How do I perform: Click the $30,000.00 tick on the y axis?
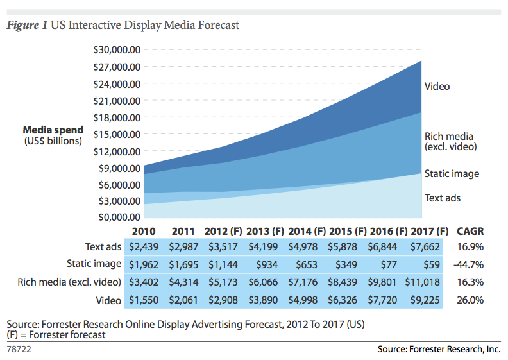[x=117, y=49]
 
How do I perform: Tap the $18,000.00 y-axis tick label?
[x=117, y=117]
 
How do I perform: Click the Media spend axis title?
[x=53, y=130]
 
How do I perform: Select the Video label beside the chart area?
[x=437, y=86]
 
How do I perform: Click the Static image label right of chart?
[x=452, y=174]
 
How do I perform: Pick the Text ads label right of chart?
[x=443, y=198]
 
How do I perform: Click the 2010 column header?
[x=143, y=232]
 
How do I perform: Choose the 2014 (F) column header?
[x=307, y=232]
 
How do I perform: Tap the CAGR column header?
[x=470, y=232]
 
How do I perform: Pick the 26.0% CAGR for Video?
[x=470, y=300]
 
